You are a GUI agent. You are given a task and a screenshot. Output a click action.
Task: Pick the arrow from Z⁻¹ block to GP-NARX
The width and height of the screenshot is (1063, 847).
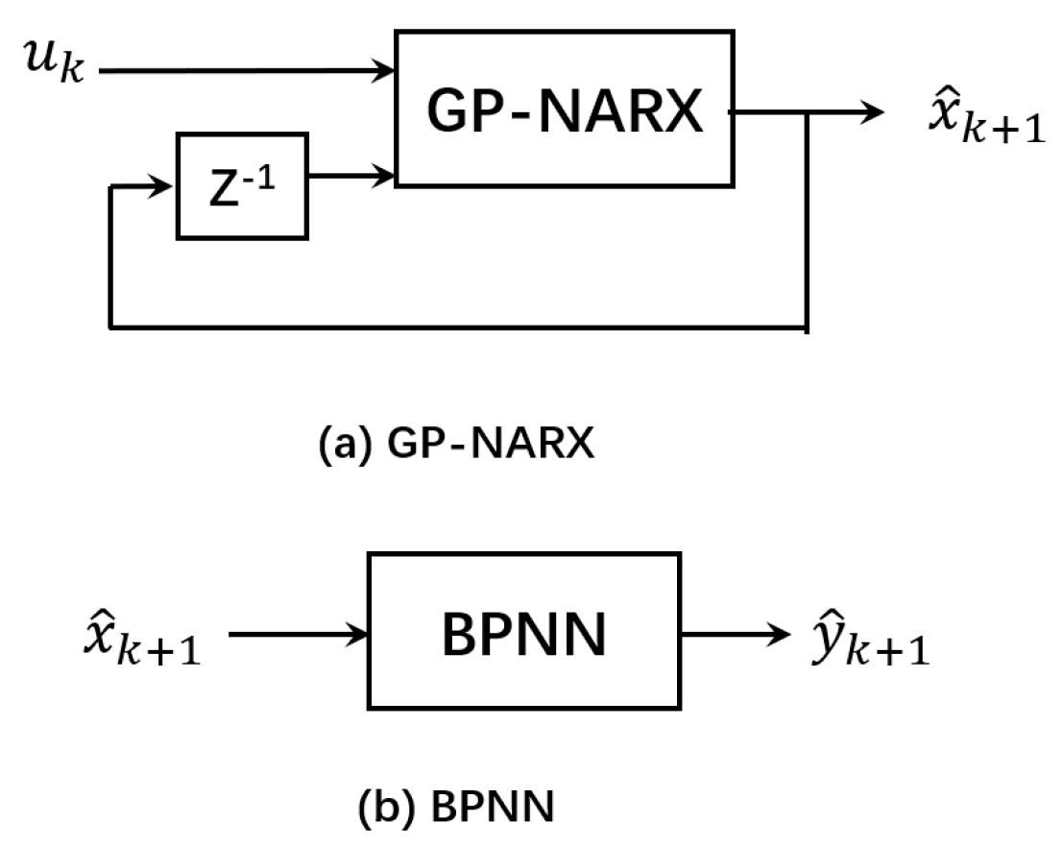click(351, 176)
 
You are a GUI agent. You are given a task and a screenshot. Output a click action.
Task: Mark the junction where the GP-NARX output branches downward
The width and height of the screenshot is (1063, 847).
click(808, 112)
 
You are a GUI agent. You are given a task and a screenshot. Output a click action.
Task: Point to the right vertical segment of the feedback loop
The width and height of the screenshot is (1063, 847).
click(808, 221)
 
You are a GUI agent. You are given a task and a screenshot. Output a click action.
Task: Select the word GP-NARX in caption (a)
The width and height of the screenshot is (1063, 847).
click(484, 448)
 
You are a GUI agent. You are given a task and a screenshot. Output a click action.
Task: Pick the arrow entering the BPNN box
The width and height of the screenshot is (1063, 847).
click(300, 633)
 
